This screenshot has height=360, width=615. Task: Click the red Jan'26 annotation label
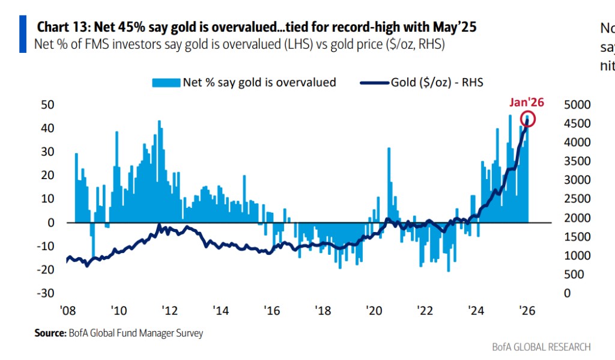526,102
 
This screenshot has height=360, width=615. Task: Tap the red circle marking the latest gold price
528,119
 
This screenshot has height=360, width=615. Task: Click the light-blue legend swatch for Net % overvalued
166,83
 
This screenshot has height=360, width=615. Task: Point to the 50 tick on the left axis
47,105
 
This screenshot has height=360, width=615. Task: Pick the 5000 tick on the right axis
578,105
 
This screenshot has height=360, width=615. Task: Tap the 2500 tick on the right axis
578,199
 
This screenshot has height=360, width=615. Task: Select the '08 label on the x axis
67,311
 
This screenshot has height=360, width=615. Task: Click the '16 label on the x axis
272,311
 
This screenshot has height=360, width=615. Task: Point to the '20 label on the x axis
374,311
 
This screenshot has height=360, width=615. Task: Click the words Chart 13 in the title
61,27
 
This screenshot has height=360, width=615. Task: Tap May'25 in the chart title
458,27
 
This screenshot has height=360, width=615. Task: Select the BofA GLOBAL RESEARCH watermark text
541,347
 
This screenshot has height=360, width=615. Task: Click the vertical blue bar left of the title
23,34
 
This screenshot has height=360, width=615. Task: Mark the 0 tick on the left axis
51,222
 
